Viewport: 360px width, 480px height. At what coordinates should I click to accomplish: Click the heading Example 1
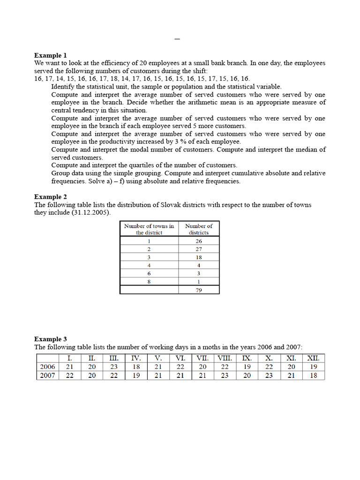51,55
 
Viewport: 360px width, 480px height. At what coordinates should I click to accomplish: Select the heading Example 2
51,197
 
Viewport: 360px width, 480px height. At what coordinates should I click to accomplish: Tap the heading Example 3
51,339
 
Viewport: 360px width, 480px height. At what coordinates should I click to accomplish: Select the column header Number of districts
199,229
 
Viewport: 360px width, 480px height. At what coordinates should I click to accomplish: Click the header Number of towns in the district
149,229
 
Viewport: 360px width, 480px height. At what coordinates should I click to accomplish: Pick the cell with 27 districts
199,249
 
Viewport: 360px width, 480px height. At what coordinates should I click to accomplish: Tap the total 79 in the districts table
199,290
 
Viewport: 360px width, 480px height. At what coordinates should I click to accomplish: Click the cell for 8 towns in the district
149,281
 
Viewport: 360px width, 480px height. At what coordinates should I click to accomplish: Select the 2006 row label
47,367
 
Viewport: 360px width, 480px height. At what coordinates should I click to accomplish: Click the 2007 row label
47,375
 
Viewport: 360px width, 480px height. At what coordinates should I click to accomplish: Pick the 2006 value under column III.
113,367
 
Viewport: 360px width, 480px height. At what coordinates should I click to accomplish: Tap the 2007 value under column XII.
313,375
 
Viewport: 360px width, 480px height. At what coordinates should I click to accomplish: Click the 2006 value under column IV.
136,367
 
